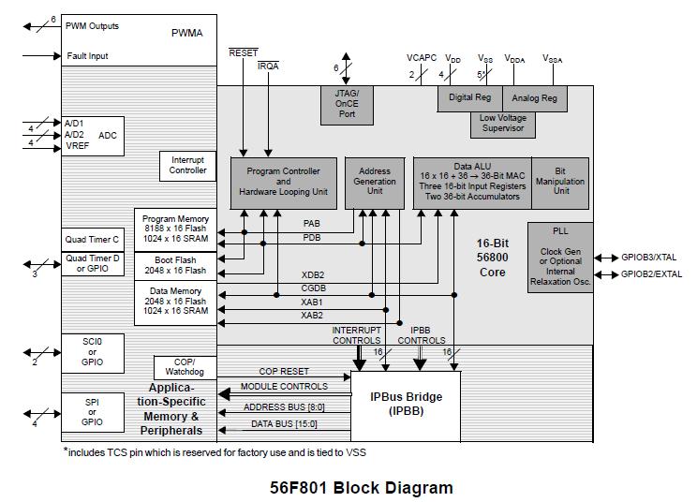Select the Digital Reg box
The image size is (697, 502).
[x=470, y=98]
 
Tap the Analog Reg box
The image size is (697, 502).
[x=535, y=98]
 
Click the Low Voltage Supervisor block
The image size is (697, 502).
[x=502, y=124]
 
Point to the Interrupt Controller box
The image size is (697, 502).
[x=188, y=166]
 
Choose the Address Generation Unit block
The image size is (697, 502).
[x=375, y=183]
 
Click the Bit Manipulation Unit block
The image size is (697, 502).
[x=560, y=183]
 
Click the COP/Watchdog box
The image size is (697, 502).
[x=185, y=367]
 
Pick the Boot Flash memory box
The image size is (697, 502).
[x=175, y=264]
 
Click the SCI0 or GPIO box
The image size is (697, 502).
[x=93, y=353]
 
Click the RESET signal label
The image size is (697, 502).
[x=244, y=53]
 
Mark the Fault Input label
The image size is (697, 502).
[x=87, y=56]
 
